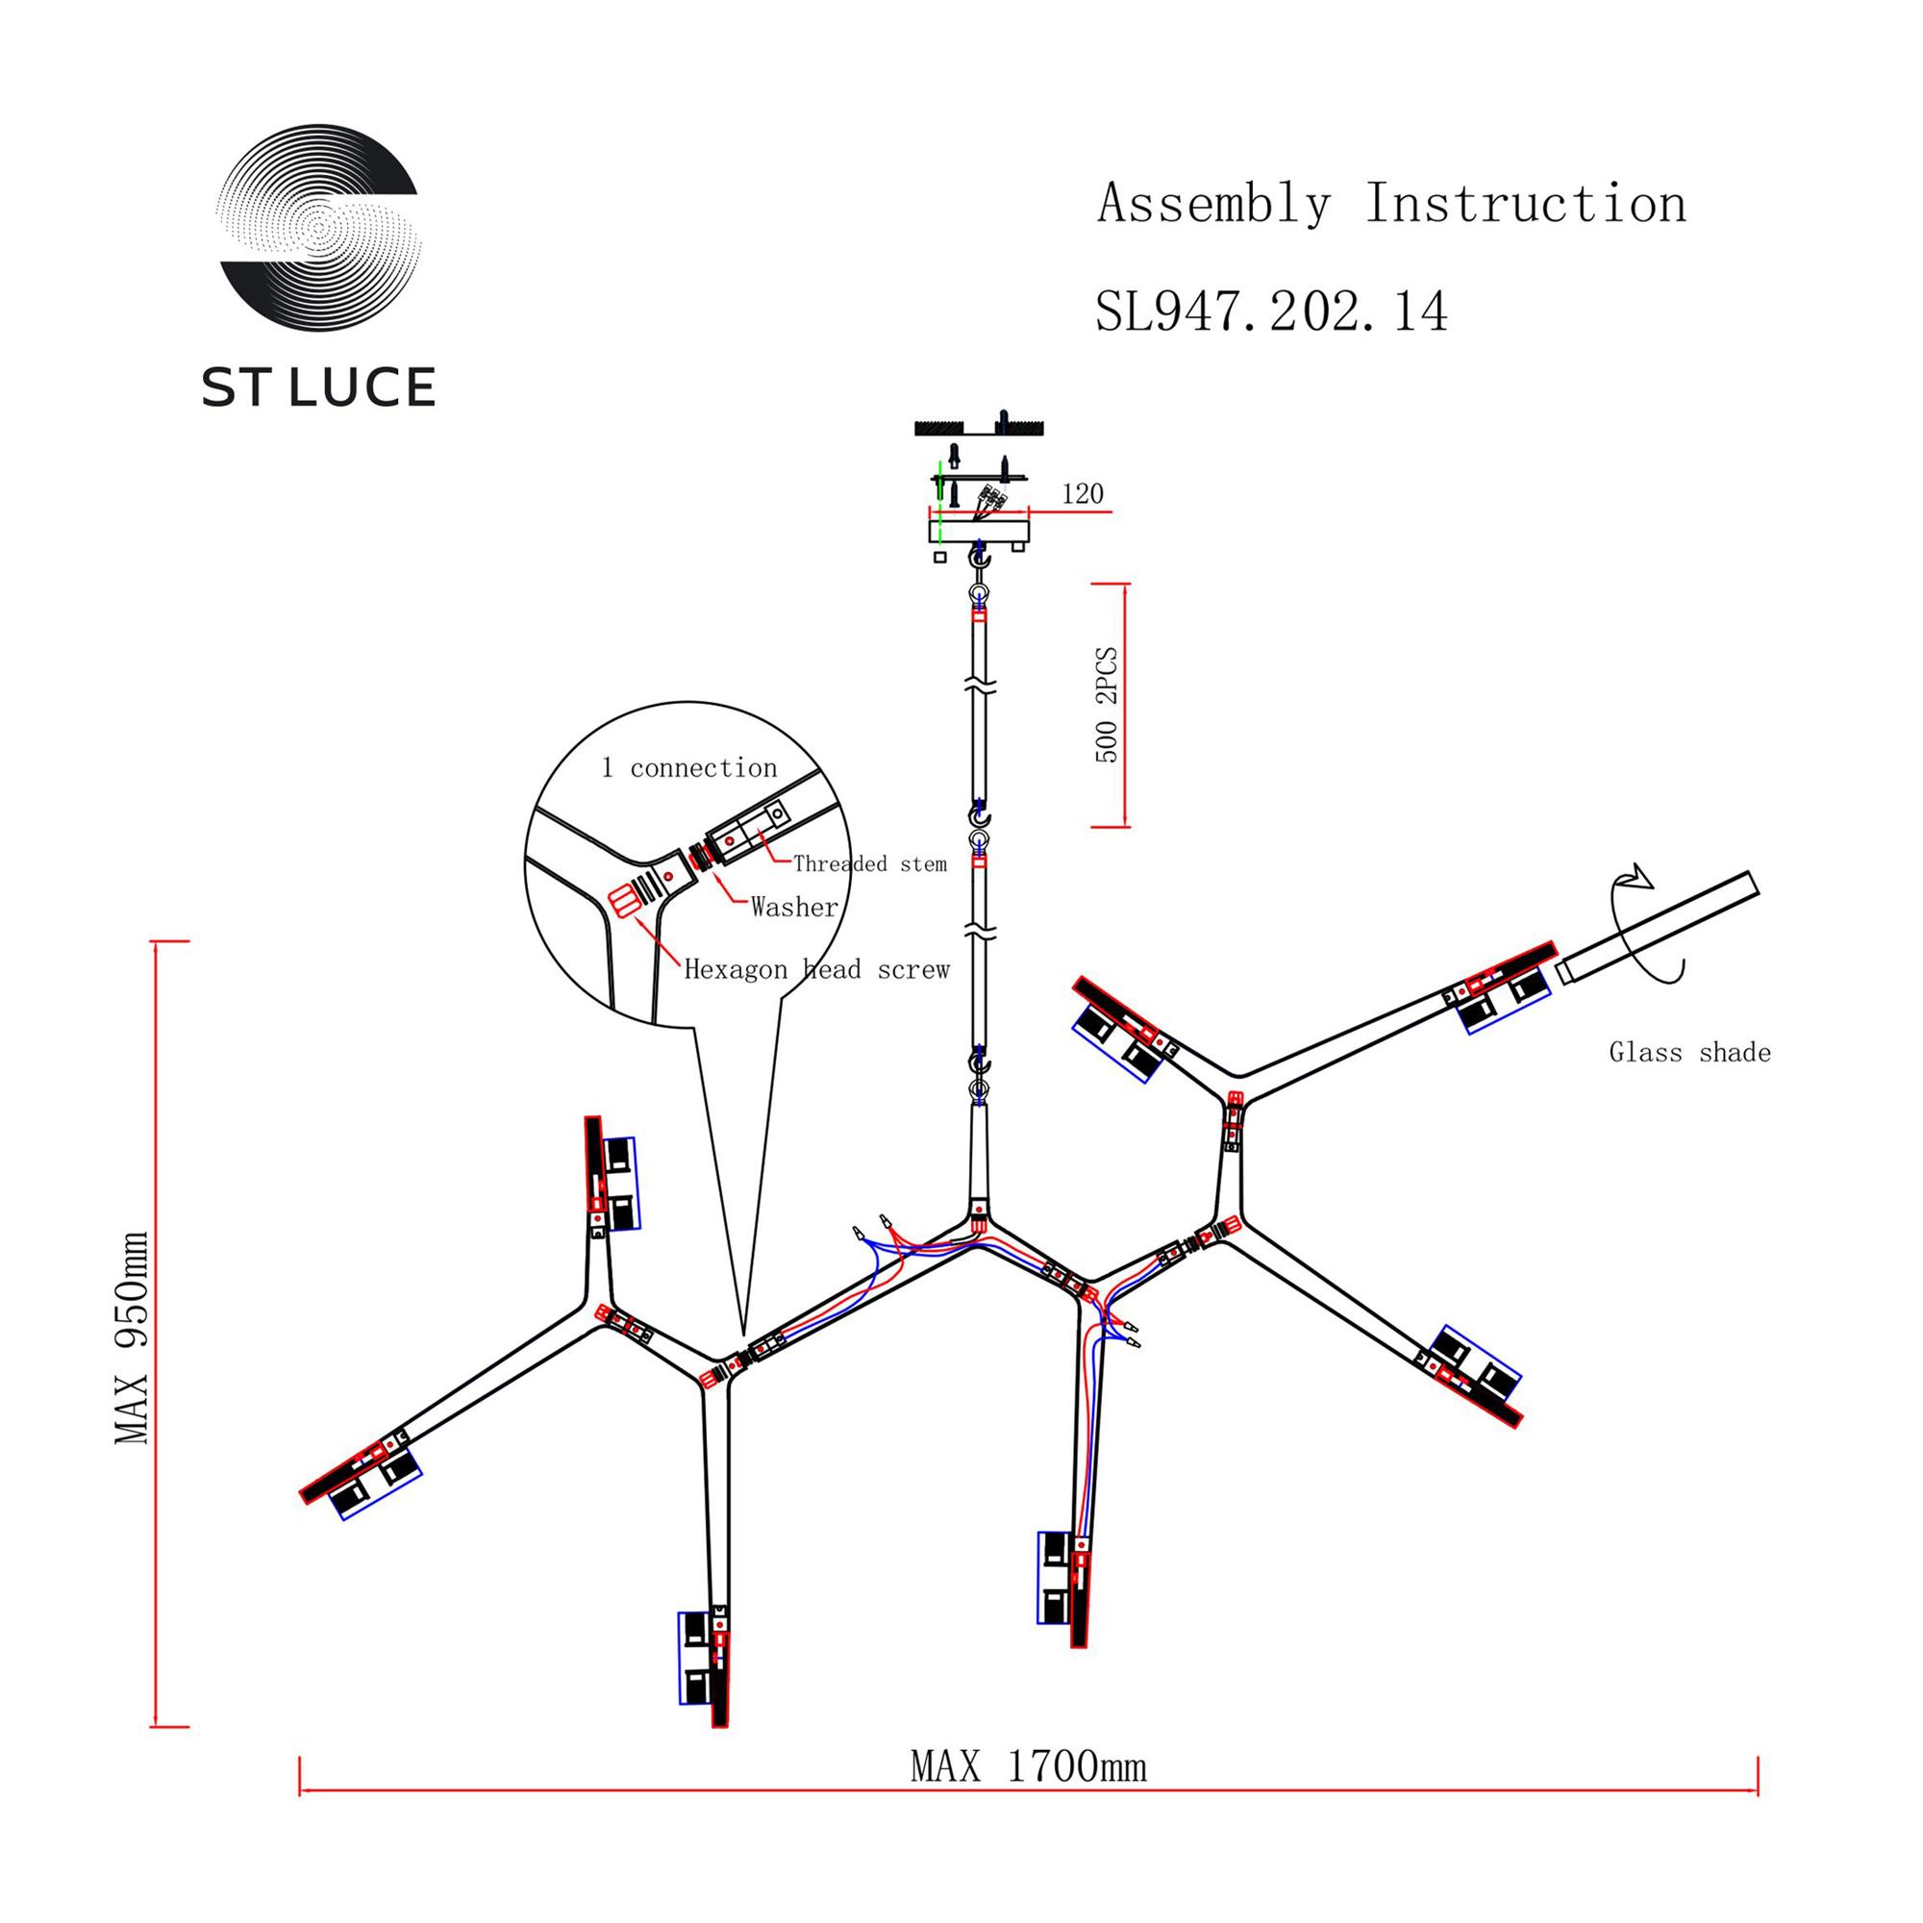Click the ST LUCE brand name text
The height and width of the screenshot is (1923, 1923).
(x=318, y=387)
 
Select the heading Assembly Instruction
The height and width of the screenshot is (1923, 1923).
(x=1391, y=204)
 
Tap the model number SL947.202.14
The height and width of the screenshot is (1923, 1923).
(x=1271, y=312)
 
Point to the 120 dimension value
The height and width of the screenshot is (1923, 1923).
(x=1082, y=494)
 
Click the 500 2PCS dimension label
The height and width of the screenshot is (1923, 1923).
(x=1107, y=706)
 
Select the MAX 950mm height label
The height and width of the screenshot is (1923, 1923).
(x=133, y=1337)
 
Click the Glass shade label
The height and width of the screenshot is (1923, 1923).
(x=1689, y=1053)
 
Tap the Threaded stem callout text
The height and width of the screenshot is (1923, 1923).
(x=869, y=864)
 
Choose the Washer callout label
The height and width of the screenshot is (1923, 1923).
(x=794, y=907)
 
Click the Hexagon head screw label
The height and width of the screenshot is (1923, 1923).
(x=816, y=969)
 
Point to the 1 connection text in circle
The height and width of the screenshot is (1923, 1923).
(x=688, y=767)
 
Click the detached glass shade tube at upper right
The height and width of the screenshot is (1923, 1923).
(x=1658, y=927)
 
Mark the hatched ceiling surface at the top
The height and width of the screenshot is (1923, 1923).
(x=978, y=428)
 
